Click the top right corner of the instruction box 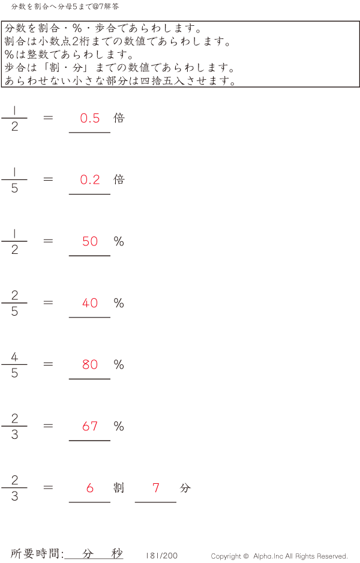(x=359, y=21)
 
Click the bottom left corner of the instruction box (x=2, y=87)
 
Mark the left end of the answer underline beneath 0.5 (x=69, y=133)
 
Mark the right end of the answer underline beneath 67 (x=110, y=441)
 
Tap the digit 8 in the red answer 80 (x=85, y=364)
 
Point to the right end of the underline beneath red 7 (x=176, y=502)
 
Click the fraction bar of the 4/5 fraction (x=14, y=364)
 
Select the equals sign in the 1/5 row (x=48, y=179)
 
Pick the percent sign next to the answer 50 (x=119, y=241)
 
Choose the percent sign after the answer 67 (x=119, y=426)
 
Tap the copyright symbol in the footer (x=246, y=556)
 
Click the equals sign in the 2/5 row (x=48, y=303)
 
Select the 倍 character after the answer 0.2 (x=119, y=179)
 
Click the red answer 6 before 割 (x=90, y=487)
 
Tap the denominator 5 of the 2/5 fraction (x=14, y=311)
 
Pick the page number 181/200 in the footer (x=161, y=556)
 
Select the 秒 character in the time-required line (x=117, y=553)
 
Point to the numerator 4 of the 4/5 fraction (x=14, y=357)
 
